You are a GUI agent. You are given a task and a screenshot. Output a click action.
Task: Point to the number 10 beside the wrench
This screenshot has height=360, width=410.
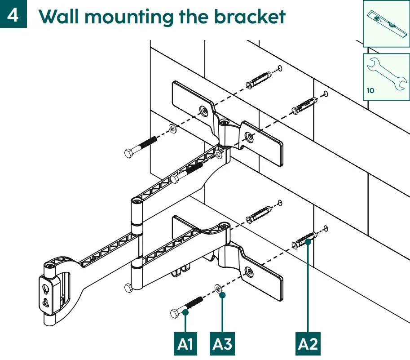pyautogui.click(x=370, y=90)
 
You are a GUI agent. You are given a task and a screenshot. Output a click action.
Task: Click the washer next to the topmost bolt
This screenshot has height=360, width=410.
pyautogui.click(x=172, y=129)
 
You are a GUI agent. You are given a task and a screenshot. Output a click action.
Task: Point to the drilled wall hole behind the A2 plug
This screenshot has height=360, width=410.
pyautogui.click(x=326, y=228)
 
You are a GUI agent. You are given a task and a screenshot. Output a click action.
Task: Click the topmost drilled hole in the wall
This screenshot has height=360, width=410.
pyautogui.click(x=279, y=68)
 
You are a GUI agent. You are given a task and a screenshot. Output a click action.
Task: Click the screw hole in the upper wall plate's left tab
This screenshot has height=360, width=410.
pyautogui.click(x=204, y=109)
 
